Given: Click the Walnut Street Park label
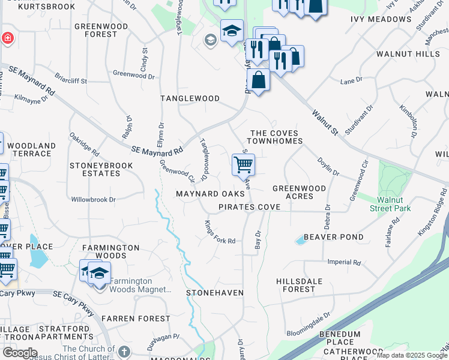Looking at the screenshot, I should pos(394,203).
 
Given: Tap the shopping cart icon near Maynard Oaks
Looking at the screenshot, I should pos(243,164).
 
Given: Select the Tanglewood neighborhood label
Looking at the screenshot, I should pos(190,98).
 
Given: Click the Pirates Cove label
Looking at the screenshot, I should pos(249,206).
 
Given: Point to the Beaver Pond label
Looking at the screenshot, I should pos(333,237).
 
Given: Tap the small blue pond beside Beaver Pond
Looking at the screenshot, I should pos(300,241).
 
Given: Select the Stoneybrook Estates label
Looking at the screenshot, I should pos(95,169).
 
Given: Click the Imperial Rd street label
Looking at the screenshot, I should pos(344,262).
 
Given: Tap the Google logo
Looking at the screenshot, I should pos(20,353).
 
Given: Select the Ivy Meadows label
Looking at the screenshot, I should pos(381,19).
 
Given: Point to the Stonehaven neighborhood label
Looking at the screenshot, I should pos(214,292).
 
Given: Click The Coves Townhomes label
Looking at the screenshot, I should pos(276,137).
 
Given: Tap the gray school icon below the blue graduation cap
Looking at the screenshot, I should pos(210,40).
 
